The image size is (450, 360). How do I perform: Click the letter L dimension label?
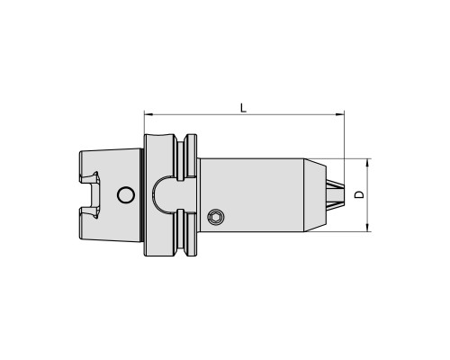pos(243,108)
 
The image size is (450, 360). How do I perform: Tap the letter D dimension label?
pos(359,194)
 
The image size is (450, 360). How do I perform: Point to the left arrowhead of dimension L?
pos(148,114)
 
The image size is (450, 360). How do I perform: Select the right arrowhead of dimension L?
pos(339,114)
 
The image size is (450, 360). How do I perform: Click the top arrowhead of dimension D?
pos(367,163)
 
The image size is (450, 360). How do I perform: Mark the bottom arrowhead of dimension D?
pos(367,227)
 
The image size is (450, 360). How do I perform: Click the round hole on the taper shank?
pos(126,195)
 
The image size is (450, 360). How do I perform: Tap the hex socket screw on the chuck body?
pos(216,217)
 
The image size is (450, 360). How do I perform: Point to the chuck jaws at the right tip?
pos(336,195)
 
